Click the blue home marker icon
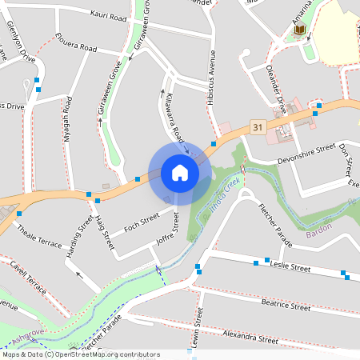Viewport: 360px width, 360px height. [179, 172]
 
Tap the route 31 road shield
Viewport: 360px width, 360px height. [257, 126]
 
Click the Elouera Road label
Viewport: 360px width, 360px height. [76, 42]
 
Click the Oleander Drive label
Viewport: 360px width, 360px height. [276, 84]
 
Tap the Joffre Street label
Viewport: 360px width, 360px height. [166, 227]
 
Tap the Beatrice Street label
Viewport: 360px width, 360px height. [286, 305]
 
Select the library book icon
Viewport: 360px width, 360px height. [300, 30]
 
